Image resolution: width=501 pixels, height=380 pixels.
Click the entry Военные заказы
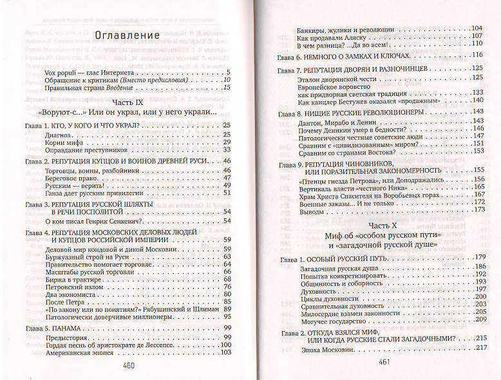click(x=328, y=202)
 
